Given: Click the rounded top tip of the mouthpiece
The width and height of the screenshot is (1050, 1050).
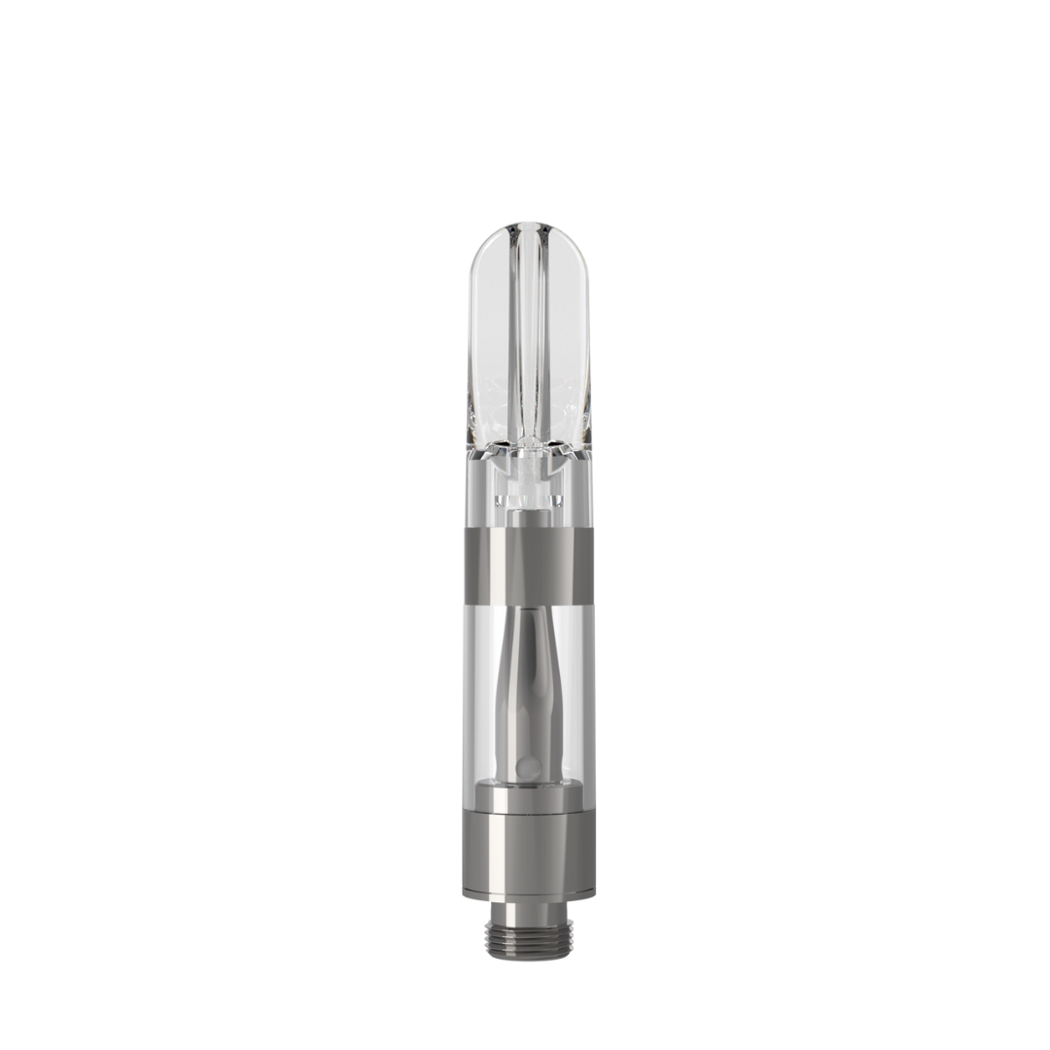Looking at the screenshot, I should coord(530,228).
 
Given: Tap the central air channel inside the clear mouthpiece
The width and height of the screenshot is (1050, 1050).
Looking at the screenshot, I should coord(530,340).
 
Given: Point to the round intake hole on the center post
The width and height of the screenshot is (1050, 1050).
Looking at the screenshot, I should coord(526,769).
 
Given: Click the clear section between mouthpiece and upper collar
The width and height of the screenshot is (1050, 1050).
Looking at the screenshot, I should coord(530,496).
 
